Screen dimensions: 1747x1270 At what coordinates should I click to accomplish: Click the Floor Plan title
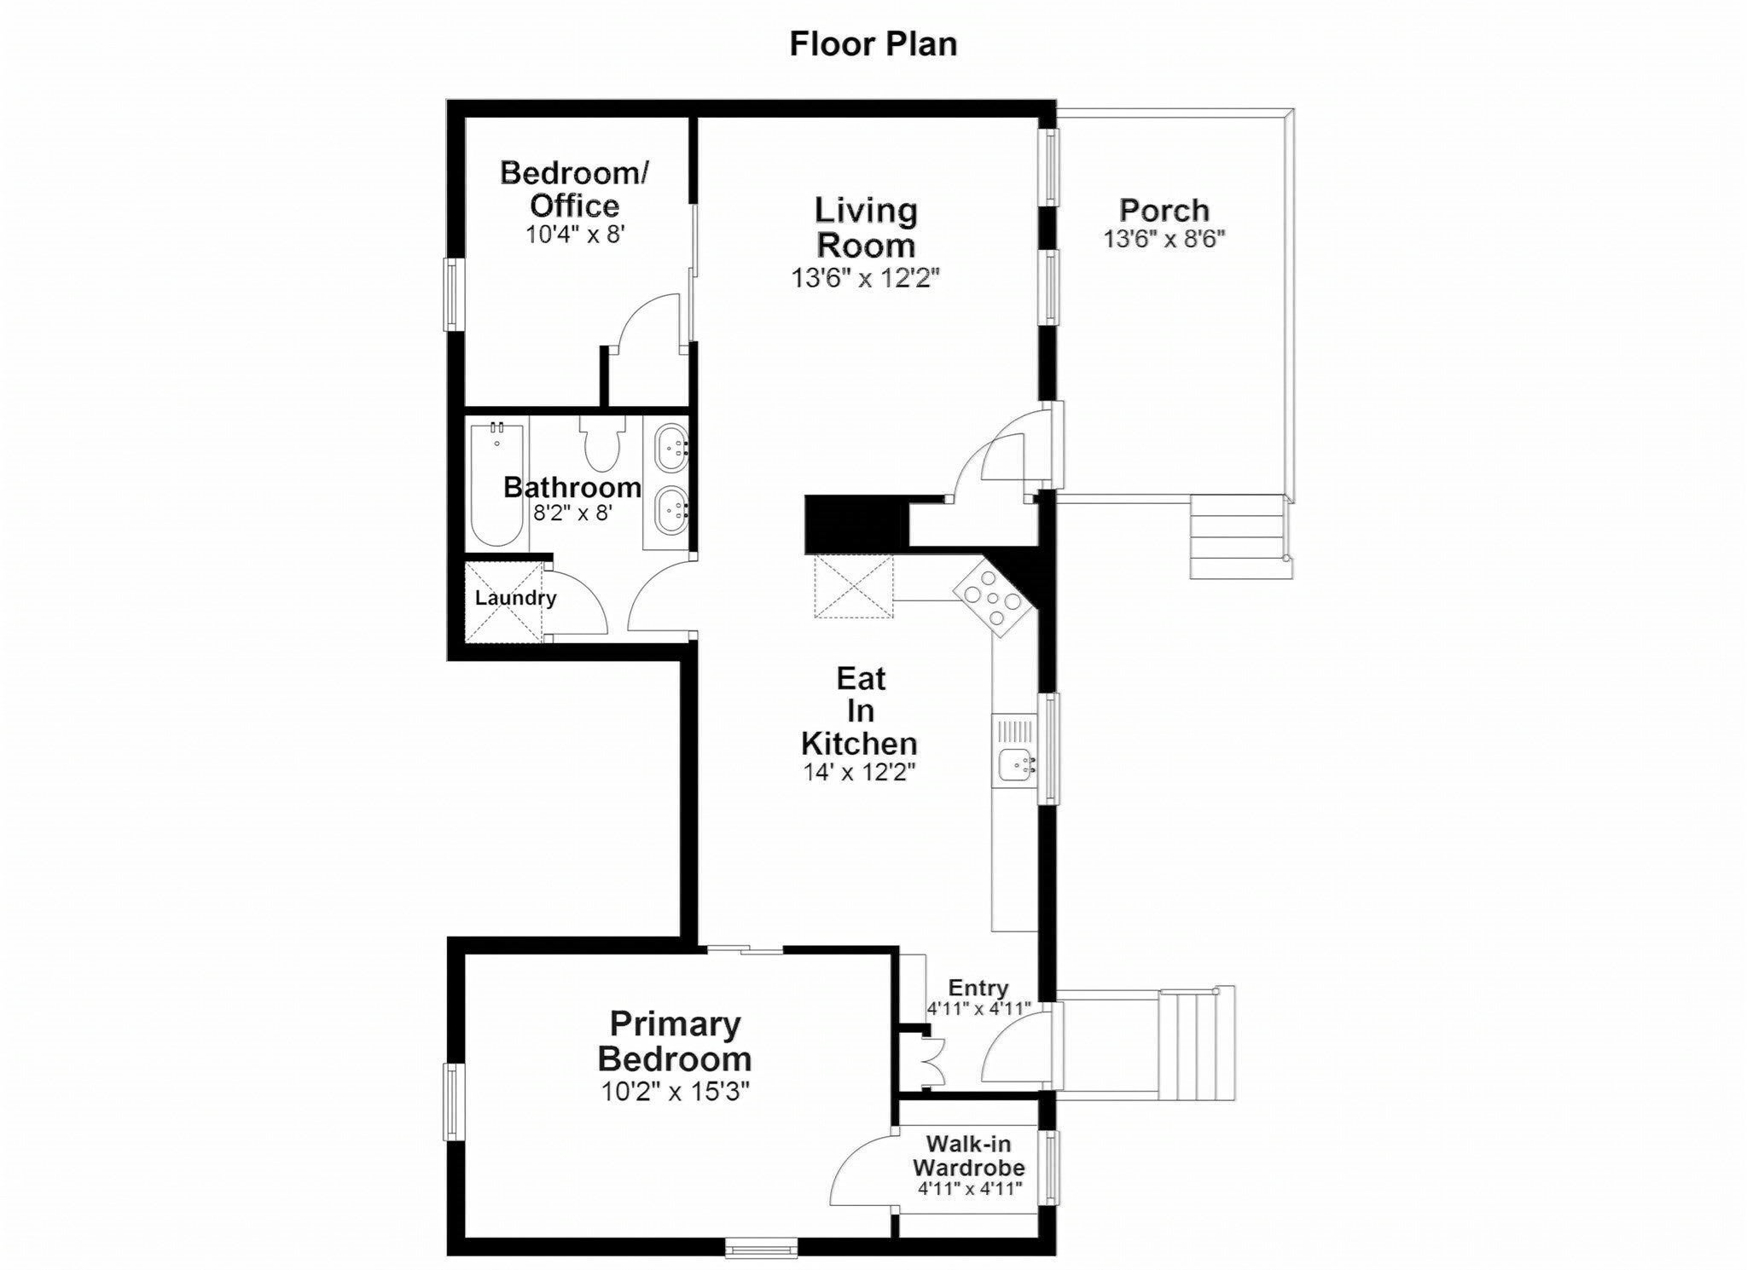(x=873, y=44)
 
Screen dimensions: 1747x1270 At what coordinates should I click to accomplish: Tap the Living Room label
(x=865, y=228)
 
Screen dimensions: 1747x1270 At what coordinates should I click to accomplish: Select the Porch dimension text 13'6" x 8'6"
(x=1164, y=239)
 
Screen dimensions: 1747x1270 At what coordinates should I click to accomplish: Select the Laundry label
(x=515, y=598)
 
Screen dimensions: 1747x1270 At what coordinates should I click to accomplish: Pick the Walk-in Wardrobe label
(x=969, y=1154)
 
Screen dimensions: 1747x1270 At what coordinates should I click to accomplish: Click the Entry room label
(x=978, y=988)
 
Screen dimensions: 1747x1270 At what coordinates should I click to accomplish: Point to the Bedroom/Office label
(x=574, y=188)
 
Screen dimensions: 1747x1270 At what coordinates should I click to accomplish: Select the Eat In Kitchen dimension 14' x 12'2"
(x=859, y=773)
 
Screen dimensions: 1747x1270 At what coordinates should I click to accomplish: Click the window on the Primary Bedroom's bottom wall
(x=762, y=1248)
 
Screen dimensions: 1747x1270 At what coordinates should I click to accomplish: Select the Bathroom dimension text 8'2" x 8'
(x=572, y=513)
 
